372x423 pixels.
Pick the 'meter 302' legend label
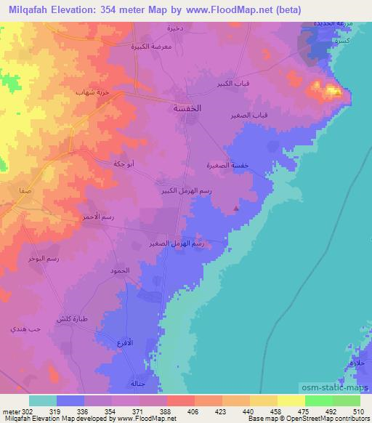15,410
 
